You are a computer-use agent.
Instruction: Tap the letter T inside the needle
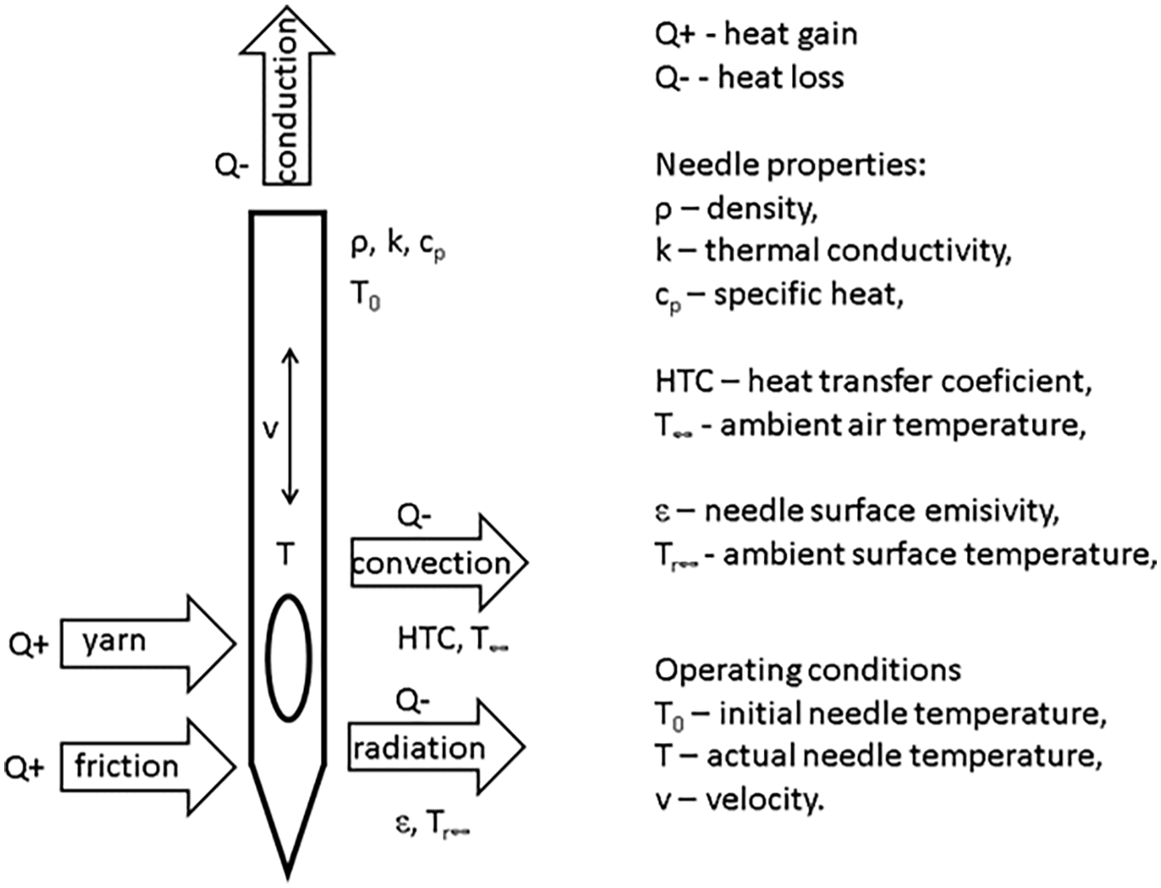point(285,555)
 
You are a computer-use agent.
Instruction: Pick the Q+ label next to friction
point(25,768)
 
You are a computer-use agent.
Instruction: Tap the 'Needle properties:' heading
point(790,165)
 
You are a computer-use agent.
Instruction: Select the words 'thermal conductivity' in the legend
point(858,251)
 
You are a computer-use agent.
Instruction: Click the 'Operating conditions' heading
point(807,669)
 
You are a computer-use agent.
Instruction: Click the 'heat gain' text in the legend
point(790,34)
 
